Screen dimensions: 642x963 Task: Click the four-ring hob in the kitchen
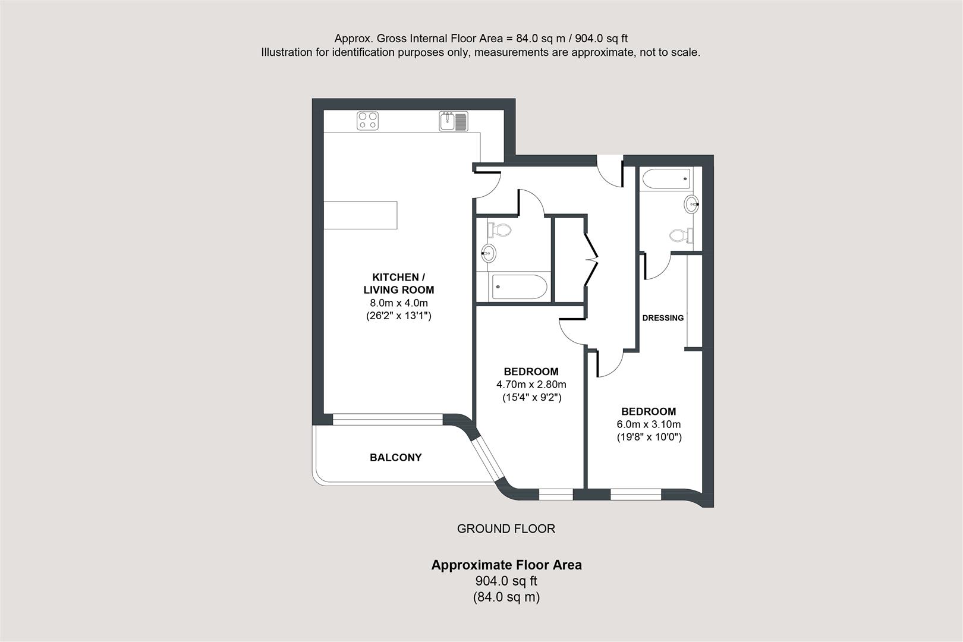[x=367, y=121]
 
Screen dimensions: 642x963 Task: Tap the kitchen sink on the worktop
[x=454, y=121]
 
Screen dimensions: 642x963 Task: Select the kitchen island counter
[x=360, y=215]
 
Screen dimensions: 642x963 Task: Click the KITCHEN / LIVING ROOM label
[x=398, y=284]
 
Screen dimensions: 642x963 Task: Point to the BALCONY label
[x=395, y=457]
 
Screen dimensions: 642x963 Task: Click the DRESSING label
[x=663, y=318]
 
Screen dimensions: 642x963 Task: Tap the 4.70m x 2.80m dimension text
[x=531, y=385]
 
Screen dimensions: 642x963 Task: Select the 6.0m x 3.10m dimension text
[x=649, y=424]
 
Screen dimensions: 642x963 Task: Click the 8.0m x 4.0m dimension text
[x=398, y=303]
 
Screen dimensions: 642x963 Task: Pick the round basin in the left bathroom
[x=488, y=254]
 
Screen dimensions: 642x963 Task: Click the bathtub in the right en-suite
[x=666, y=178]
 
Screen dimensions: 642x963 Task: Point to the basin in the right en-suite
[x=691, y=204]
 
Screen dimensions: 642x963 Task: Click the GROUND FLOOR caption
[x=506, y=528]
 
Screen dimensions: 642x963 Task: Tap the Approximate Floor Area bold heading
[x=506, y=565]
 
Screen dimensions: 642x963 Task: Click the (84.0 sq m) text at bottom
[x=506, y=597]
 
